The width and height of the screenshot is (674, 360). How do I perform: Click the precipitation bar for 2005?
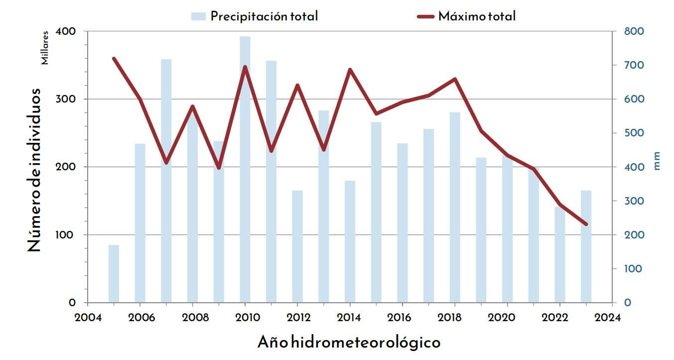pyautogui.click(x=114, y=273)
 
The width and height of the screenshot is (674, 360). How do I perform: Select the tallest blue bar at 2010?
pyautogui.click(x=245, y=169)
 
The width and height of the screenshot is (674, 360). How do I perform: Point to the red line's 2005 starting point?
pyautogui.click(x=114, y=59)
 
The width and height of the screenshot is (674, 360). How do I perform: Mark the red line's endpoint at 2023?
pyautogui.click(x=586, y=224)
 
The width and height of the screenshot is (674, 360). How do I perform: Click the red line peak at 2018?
pyautogui.click(x=455, y=79)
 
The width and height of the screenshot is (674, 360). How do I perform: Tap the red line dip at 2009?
pyautogui.click(x=219, y=168)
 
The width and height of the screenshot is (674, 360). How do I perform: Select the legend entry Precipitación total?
pyautogui.click(x=255, y=16)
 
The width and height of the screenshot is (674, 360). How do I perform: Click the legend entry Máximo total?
pyautogui.click(x=466, y=16)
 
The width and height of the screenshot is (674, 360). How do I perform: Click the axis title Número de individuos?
pyautogui.click(x=34, y=169)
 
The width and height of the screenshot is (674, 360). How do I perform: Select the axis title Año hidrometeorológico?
pyautogui.click(x=349, y=343)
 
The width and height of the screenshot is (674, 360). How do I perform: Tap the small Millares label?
pyautogui.click(x=45, y=48)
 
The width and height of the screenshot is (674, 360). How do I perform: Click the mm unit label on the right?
pyautogui.click(x=657, y=161)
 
